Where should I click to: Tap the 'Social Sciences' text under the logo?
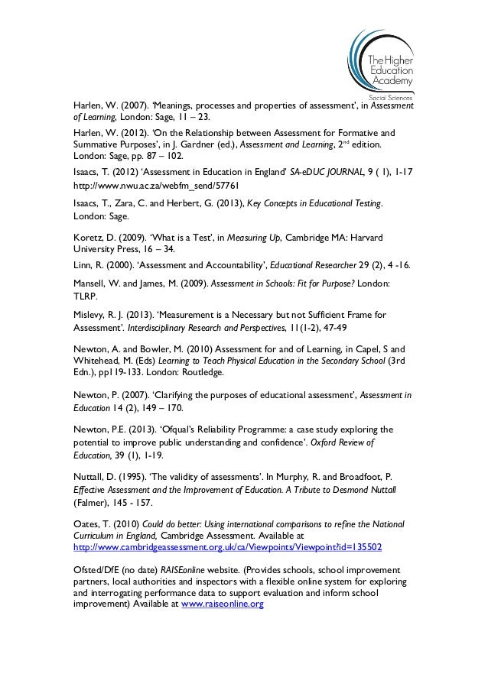click(391, 99)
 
